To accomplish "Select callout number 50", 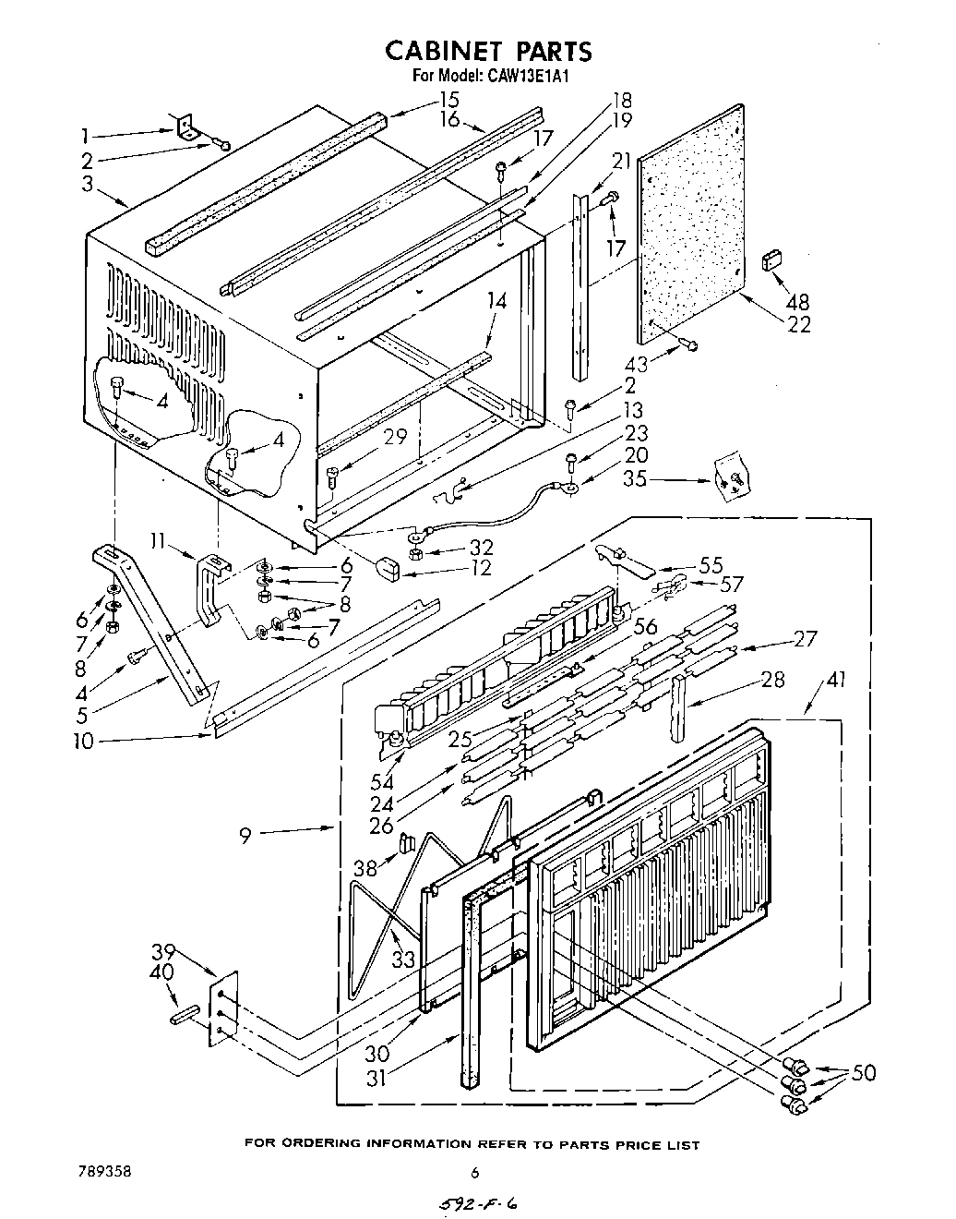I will pyautogui.click(x=864, y=1073).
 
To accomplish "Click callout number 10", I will pyautogui.click(x=84, y=740).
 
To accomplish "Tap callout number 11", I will pyautogui.click(x=157, y=542).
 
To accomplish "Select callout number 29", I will pyautogui.click(x=396, y=437).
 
